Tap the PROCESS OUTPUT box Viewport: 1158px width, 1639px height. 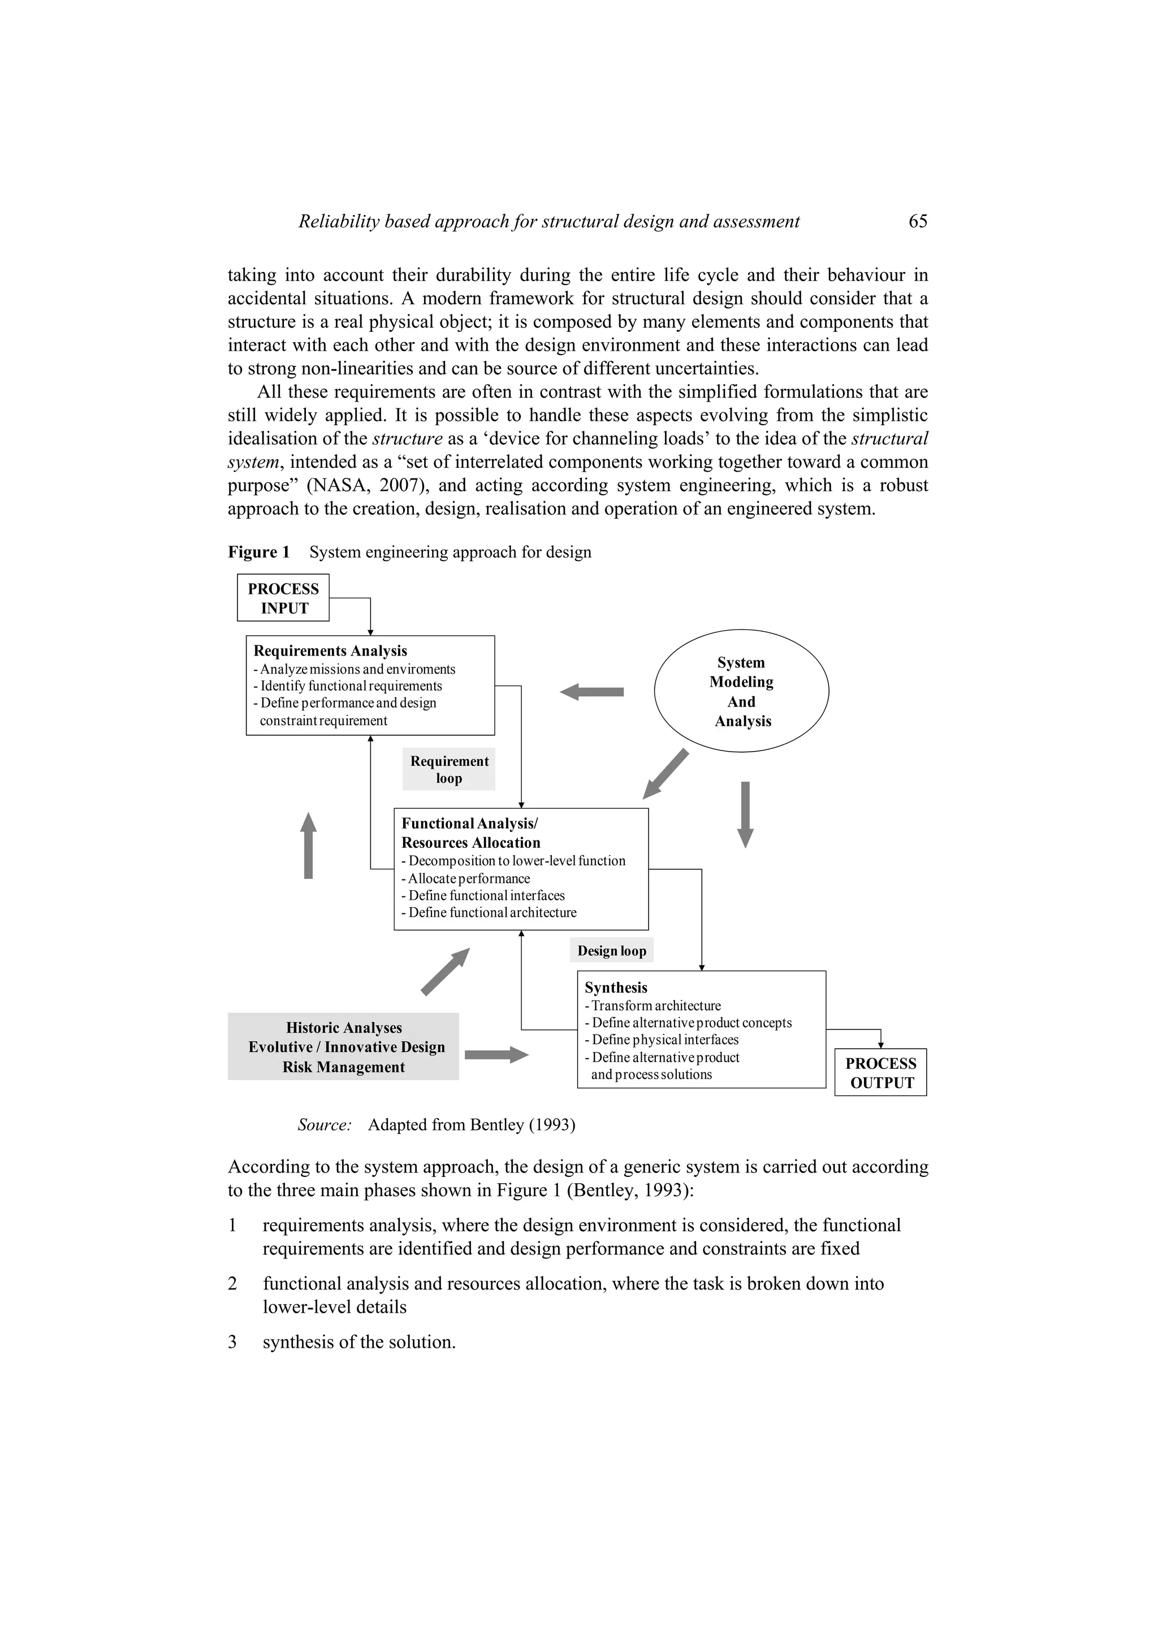880,1072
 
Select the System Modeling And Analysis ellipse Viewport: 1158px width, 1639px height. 741,691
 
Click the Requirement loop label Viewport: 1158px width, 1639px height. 449,770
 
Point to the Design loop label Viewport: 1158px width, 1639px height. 611,951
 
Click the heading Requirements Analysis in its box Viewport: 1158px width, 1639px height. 330,650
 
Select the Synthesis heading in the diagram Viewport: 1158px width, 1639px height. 616,987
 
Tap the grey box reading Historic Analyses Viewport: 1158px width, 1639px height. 343,1046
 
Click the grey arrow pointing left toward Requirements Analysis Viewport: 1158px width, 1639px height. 591,692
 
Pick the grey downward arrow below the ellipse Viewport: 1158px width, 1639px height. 745,814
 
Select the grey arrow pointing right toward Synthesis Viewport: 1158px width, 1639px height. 496,1054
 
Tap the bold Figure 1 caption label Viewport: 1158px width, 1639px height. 259,552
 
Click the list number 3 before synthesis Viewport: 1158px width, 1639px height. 232,1342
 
